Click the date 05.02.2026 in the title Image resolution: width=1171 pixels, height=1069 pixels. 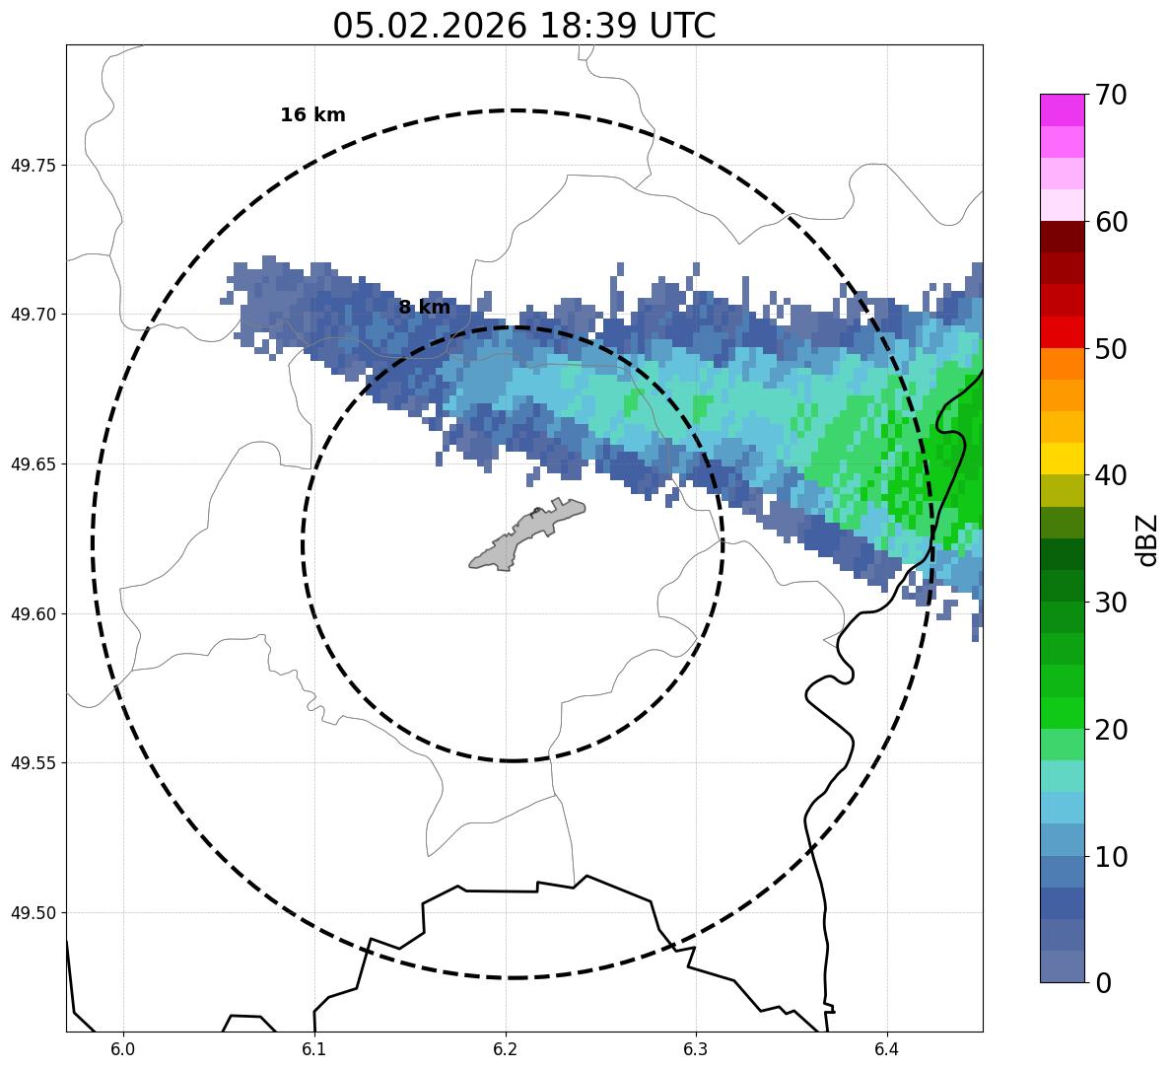coord(429,26)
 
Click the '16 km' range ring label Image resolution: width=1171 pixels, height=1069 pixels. coord(312,115)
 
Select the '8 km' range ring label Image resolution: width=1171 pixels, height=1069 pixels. coord(424,308)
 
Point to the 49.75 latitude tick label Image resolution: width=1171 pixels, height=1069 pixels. coord(33,165)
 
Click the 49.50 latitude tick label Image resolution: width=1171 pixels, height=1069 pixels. coord(33,913)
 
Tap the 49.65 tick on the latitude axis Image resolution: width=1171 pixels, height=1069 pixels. coord(33,464)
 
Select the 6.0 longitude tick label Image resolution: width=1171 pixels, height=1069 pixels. coord(123,1046)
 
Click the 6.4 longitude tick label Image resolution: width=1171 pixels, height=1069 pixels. coord(886,1046)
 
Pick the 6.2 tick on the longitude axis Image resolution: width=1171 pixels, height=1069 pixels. coord(506,1046)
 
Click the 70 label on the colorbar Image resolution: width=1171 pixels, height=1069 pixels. coord(1111,96)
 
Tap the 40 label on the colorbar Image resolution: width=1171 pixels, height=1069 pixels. coord(1111,476)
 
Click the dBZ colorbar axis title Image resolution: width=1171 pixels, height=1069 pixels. coord(1146,539)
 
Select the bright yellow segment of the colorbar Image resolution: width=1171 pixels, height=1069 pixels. coord(1062,459)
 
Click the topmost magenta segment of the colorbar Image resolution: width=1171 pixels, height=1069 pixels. coord(1062,109)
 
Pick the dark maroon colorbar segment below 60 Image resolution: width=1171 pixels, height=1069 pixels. coord(1062,237)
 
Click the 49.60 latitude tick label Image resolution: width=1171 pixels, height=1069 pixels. coord(33,614)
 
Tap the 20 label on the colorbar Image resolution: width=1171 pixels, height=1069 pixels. coord(1111,730)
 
